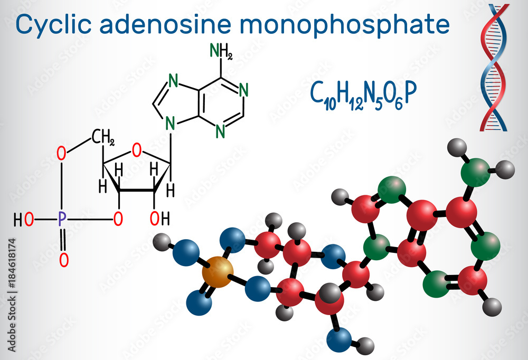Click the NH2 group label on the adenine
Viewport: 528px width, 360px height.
[221, 51]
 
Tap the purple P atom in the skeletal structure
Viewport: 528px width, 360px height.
[62, 219]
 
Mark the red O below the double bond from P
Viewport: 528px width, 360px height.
[63, 259]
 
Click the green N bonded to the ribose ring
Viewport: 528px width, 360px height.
[170, 123]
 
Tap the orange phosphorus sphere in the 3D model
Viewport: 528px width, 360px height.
[216, 270]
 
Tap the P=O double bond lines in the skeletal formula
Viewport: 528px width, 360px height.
[63, 239]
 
